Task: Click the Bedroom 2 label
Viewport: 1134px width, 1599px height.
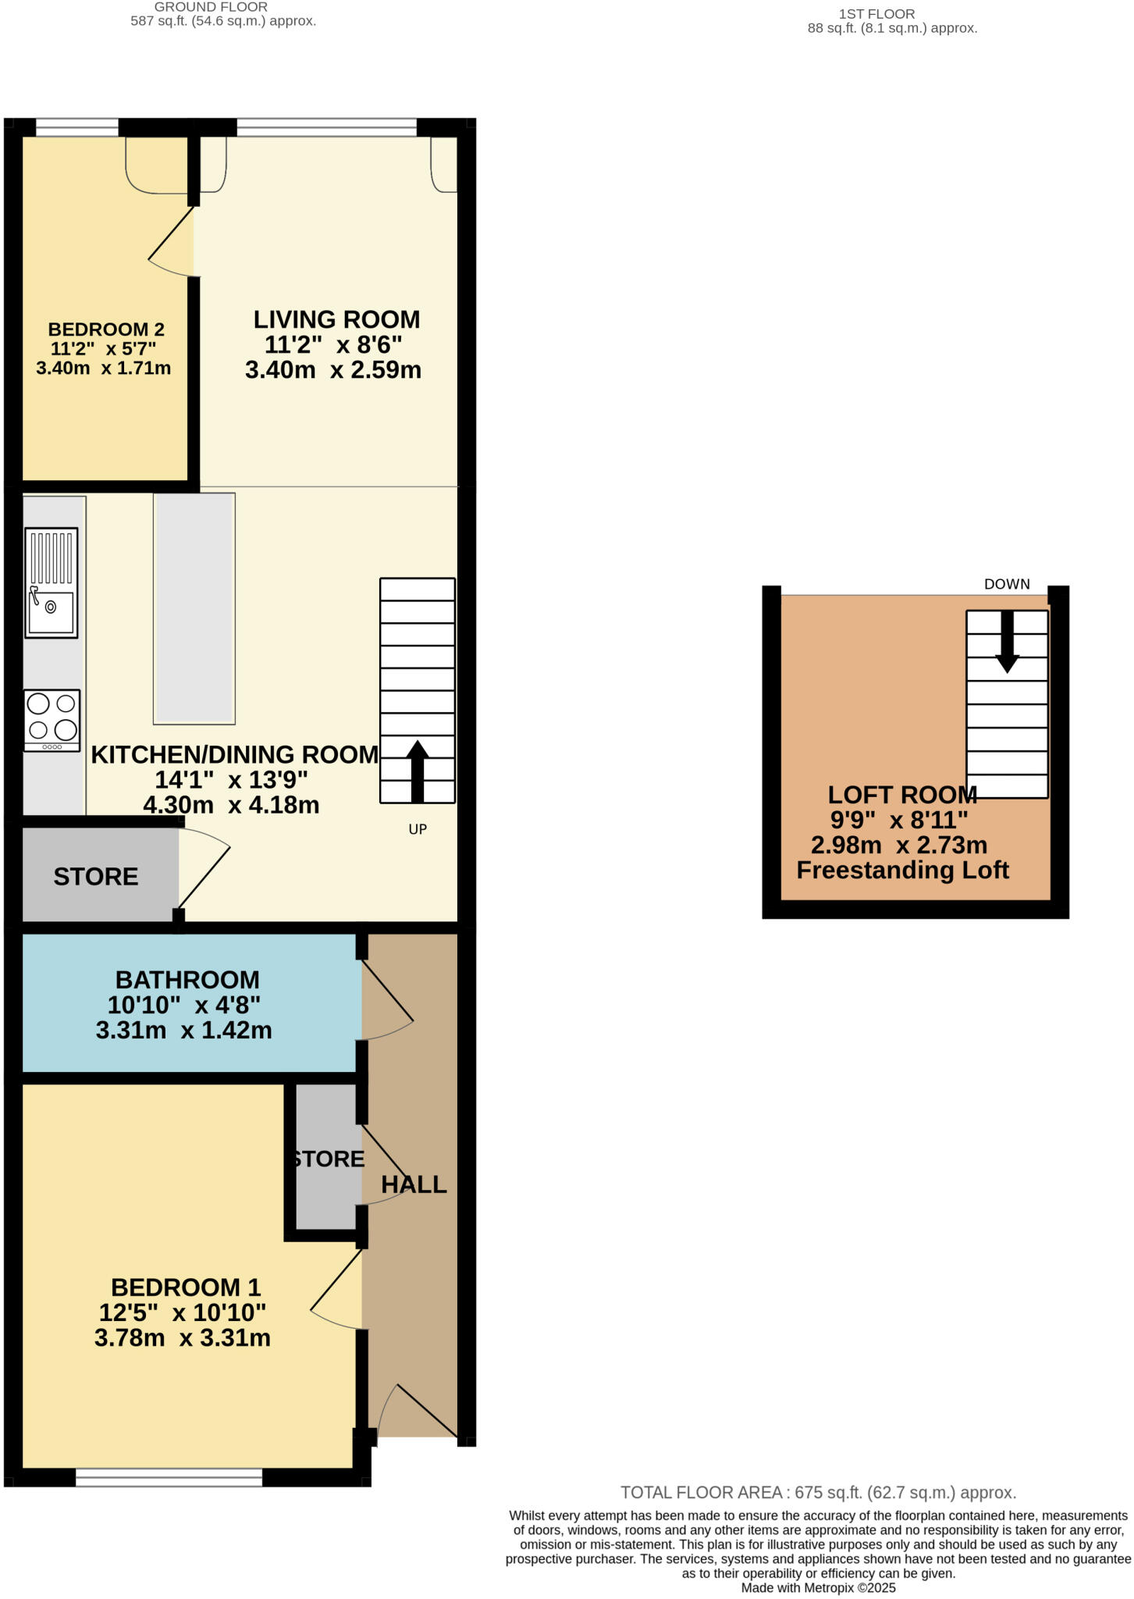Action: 106,329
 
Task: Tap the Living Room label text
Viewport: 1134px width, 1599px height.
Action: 336,319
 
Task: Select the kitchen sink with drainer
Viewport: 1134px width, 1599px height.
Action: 52,582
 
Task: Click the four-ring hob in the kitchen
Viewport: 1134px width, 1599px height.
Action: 52,719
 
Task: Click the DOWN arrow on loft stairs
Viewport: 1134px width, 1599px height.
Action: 1007,641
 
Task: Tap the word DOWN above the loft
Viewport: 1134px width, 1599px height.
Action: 1007,584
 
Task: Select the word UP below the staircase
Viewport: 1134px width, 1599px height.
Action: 418,829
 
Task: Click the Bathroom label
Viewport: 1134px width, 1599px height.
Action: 187,980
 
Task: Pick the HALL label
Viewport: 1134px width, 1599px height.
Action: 414,1184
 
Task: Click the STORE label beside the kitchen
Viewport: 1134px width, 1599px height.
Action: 96,877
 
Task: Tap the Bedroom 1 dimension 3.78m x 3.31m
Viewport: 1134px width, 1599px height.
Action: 183,1337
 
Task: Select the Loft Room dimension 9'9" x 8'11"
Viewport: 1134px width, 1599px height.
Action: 899,820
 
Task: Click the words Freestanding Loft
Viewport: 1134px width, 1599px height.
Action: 903,870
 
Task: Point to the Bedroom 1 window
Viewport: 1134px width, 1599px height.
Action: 169,1476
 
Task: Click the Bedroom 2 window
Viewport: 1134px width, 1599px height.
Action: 76,127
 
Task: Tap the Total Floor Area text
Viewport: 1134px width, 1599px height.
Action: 818,1493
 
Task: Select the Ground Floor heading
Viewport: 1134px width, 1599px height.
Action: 211,7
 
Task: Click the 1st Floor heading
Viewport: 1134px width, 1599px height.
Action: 876,14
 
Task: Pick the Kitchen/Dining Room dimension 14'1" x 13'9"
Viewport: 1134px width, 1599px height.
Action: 232,779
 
